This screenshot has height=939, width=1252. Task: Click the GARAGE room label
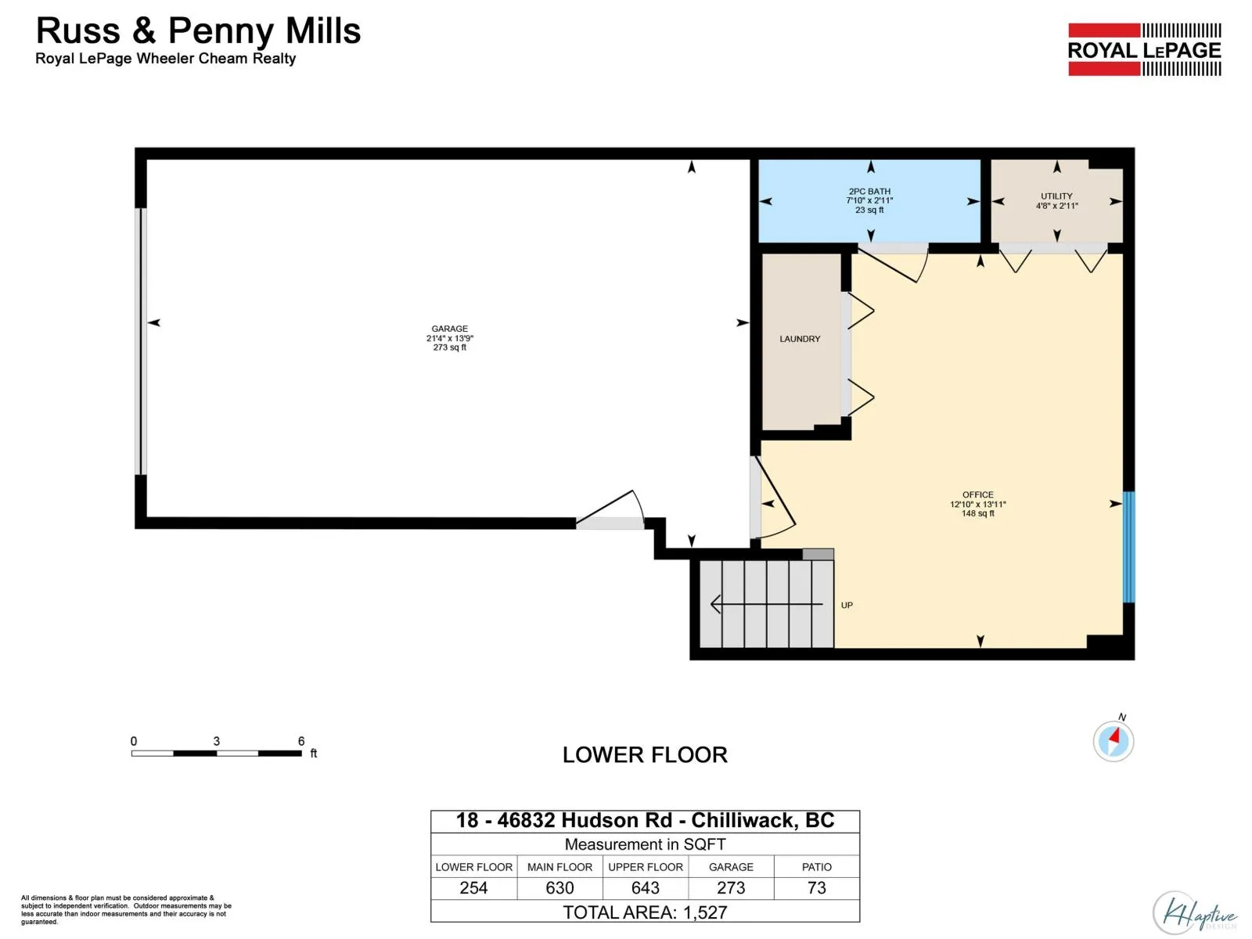coord(449,329)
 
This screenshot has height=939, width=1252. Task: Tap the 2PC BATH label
coord(869,192)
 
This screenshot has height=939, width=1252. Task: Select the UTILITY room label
coord(1056,196)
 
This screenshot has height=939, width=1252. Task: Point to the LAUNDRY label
coord(800,339)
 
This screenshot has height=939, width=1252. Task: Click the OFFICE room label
coord(977,495)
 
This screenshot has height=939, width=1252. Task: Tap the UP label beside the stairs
coord(847,605)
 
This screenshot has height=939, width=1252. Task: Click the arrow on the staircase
coord(767,604)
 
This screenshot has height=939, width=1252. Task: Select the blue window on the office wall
coord(1128,547)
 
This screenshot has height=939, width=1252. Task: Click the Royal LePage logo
coord(1144,49)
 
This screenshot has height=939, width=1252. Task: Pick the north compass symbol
coord(1113,740)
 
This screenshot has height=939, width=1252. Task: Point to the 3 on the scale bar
coord(216,741)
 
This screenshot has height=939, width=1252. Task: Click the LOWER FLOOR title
coord(645,755)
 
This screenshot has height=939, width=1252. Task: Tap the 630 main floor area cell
coord(559,887)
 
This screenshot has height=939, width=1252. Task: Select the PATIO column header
coord(816,866)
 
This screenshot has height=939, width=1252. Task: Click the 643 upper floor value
coord(645,887)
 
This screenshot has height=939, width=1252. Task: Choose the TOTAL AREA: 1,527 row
coord(645,912)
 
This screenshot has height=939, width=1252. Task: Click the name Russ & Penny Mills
coord(198,31)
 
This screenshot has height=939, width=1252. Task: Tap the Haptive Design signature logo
coord(1194,913)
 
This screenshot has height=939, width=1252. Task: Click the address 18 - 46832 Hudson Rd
coord(563,820)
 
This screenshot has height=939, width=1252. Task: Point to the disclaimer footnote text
coord(126,910)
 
